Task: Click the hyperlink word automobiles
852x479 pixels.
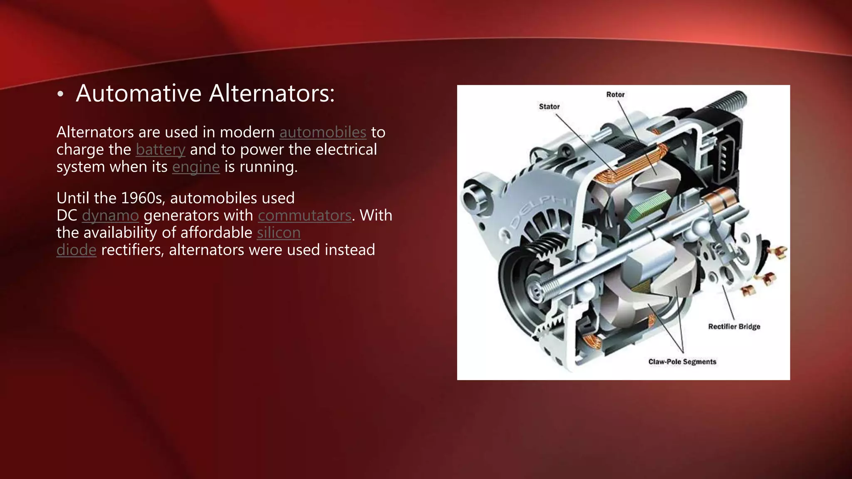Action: click(x=323, y=132)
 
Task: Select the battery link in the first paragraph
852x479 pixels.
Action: click(x=160, y=150)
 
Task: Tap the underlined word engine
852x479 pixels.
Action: click(x=196, y=167)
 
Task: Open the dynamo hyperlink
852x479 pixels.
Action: click(x=110, y=215)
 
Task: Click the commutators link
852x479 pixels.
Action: click(x=305, y=215)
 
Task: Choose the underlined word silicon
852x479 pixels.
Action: click(x=278, y=233)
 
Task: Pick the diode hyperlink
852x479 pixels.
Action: click(x=76, y=250)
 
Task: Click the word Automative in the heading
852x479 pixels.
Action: click(x=139, y=93)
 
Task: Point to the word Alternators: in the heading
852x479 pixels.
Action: click(x=272, y=93)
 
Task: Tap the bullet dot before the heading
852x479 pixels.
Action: click(x=60, y=94)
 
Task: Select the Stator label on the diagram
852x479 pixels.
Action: click(x=549, y=106)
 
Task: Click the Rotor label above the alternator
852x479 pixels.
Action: click(x=615, y=94)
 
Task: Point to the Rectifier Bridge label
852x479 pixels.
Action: click(x=734, y=326)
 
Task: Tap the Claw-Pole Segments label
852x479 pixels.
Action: click(x=682, y=362)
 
